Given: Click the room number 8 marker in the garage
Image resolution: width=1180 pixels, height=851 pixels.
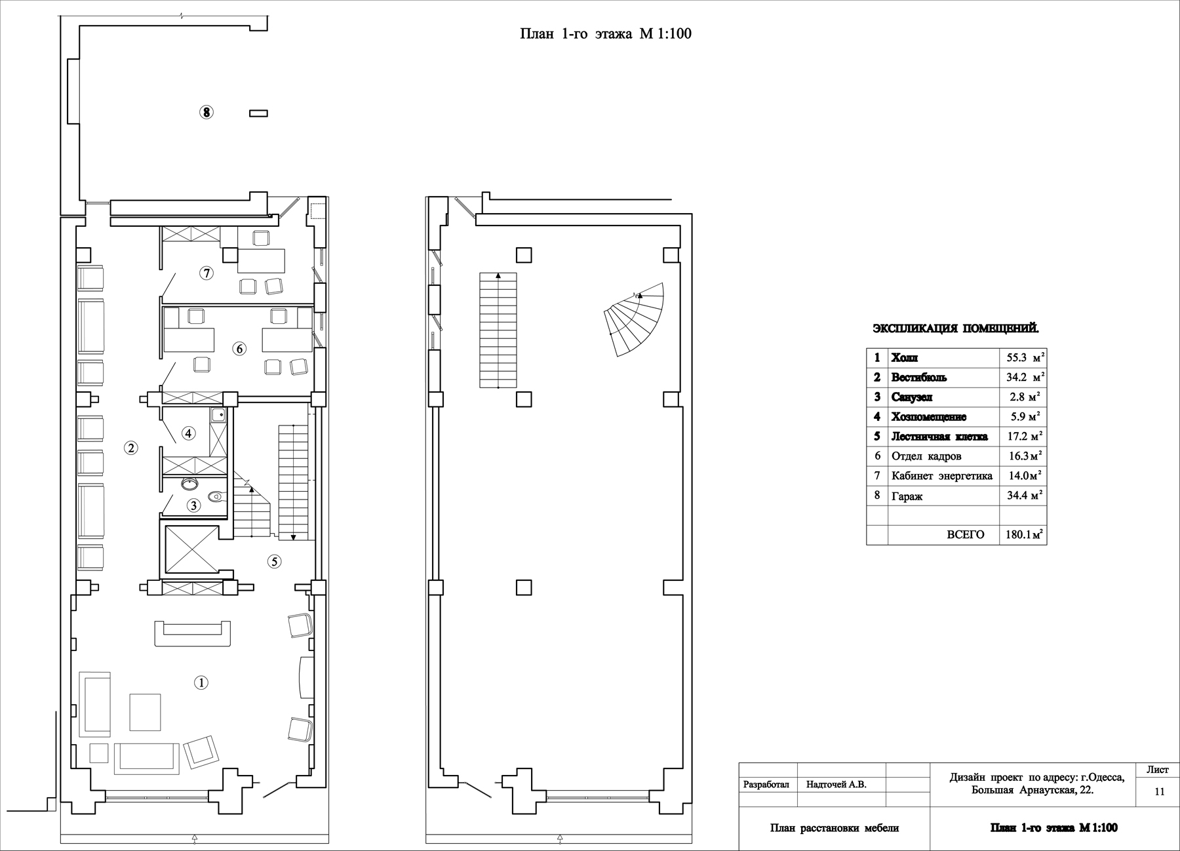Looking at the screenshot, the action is tap(206, 113).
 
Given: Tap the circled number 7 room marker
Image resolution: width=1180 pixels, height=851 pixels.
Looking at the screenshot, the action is tap(207, 273).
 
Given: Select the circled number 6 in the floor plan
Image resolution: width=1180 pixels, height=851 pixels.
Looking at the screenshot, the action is tap(239, 349).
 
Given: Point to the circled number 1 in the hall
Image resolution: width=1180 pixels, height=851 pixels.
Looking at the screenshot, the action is tap(201, 683).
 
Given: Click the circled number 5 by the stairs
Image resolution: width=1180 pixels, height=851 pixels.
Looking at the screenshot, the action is tap(275, 561).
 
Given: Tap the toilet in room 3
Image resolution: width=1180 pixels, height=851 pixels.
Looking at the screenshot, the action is tap(216, 497).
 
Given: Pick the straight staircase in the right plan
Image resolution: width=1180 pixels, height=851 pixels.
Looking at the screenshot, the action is tap(498, 330).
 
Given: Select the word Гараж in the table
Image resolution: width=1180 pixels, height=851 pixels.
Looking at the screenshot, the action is tap(907, 496).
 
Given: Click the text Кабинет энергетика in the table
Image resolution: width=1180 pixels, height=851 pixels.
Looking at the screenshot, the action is tap(942, 476).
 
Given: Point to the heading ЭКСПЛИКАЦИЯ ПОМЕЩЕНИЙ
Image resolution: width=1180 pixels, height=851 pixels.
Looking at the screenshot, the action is tap(955, 328).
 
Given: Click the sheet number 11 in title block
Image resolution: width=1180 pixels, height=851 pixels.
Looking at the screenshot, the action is tap(1159, 791).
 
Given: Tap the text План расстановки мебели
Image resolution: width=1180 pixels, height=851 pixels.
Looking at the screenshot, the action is tap(834, 828).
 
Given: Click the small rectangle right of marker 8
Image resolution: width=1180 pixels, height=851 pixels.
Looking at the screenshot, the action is tap(258, 113).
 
